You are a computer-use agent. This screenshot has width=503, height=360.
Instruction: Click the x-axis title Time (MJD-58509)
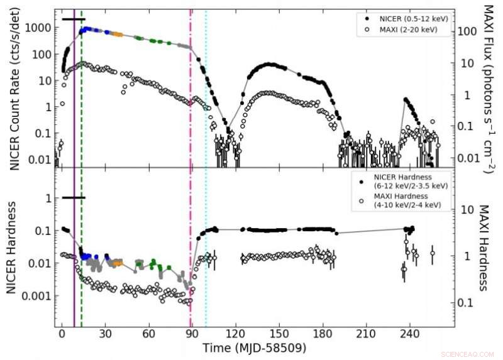(x=254, y=347)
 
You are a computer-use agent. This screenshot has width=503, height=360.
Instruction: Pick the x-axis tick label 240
(x=410, y=333)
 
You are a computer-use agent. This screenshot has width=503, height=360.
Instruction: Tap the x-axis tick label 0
(x=62, y=333)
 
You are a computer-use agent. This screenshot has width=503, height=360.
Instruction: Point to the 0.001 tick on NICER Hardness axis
(x=38, y=295)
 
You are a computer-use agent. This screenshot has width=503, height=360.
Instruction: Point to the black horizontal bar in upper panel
(x=73, y=19)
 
